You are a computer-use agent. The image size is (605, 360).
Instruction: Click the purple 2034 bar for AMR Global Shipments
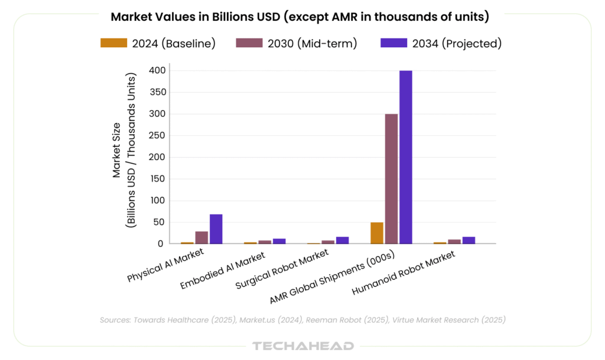[406, 157]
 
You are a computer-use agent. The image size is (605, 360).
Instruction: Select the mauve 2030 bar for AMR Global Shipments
[391, 179]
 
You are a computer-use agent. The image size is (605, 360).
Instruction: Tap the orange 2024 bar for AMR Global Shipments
[377, 233]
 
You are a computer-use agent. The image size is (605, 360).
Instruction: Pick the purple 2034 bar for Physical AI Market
[216, 229]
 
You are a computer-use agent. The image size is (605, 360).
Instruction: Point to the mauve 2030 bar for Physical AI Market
[201, 237]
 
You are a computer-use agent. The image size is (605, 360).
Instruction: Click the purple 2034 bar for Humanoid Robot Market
[469, 240]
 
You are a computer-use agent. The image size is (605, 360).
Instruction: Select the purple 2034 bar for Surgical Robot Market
[343, 240]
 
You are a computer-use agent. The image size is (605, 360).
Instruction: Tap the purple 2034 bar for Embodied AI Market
[279, 241]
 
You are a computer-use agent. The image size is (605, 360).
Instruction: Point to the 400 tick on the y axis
[157, 70]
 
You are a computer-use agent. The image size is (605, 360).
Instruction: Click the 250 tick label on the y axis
[157, 135]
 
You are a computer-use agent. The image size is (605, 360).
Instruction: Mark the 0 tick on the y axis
[160, 244]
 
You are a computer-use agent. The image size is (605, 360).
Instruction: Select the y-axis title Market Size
[117, 151]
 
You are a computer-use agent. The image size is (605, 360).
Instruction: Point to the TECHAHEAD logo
[302, 346]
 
